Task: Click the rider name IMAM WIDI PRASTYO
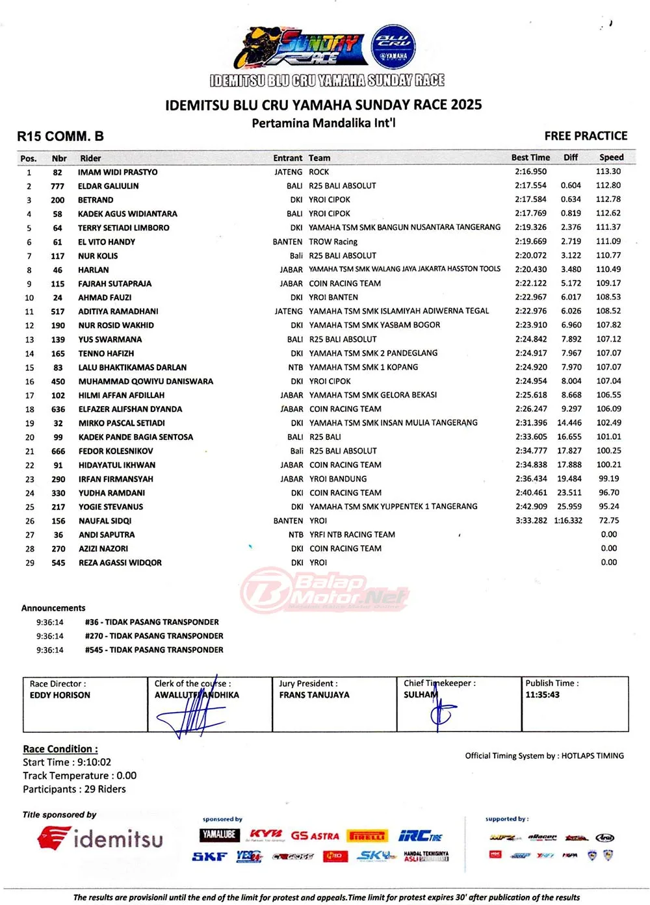(118, 172)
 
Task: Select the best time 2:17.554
(530, 186)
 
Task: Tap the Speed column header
(611, 157)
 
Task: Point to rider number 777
(57, 186)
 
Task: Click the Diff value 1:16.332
(568, 521)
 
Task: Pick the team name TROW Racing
(333, 242)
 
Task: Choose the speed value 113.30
(608, 172)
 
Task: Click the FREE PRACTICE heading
(586, 136)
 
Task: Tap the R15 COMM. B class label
(60, 136)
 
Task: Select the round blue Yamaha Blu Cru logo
(393, 47)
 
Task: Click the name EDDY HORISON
(60, 695)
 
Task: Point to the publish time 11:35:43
(542, 695)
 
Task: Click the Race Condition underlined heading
(60, 749)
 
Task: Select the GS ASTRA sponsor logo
(315, 836)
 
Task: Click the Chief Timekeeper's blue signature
(441, 713)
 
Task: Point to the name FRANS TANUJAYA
(314, 695)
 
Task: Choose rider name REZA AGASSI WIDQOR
(120, 563)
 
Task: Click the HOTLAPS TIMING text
(592, 756)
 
